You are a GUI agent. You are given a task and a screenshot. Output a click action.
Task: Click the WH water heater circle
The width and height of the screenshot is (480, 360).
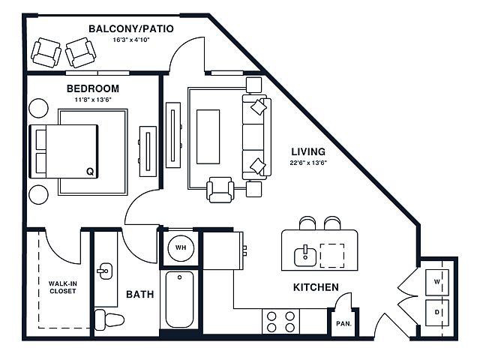(181, 248)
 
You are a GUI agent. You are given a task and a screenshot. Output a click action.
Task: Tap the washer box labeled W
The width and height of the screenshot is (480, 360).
(437, 282)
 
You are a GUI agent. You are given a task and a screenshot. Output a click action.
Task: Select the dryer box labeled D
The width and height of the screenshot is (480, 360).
(437, 313)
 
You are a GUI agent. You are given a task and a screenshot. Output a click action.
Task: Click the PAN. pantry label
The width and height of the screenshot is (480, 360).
(343, 323)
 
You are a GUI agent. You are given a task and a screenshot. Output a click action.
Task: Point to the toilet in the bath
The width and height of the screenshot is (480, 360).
(109, 320)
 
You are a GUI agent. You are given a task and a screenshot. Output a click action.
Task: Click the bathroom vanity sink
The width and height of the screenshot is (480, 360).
(105, 271)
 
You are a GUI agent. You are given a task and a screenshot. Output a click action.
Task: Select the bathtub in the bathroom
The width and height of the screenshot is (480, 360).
(180, 299)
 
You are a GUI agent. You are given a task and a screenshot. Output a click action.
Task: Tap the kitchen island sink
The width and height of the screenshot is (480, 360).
(305, 256)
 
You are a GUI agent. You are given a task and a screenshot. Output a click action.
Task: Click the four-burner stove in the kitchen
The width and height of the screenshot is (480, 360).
(280, 322)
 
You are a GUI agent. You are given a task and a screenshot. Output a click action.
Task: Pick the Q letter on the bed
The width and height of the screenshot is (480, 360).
(90, 172)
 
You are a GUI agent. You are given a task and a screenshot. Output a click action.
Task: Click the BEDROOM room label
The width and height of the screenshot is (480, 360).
(93, 88)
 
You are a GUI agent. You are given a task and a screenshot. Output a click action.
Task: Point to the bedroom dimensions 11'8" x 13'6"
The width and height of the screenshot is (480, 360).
(93, 100)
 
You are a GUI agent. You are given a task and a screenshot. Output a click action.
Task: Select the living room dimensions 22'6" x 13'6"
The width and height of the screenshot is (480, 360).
(308, 163)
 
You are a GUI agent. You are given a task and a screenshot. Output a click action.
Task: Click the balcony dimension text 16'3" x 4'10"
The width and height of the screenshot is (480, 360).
(131, 40)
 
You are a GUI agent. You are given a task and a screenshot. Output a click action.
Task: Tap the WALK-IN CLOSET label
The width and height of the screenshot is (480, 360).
(62, 287)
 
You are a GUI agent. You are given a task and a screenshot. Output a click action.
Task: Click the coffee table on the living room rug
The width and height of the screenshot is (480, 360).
(208, 136)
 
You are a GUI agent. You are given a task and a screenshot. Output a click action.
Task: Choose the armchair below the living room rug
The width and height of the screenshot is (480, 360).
(220, 190)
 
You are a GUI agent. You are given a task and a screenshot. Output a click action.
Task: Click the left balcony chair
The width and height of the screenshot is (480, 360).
(46, 52)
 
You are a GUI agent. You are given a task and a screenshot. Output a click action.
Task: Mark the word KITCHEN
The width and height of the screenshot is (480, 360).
(316, 287)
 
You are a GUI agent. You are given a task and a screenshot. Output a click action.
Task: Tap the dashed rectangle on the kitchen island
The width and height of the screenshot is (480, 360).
(332, 256)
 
